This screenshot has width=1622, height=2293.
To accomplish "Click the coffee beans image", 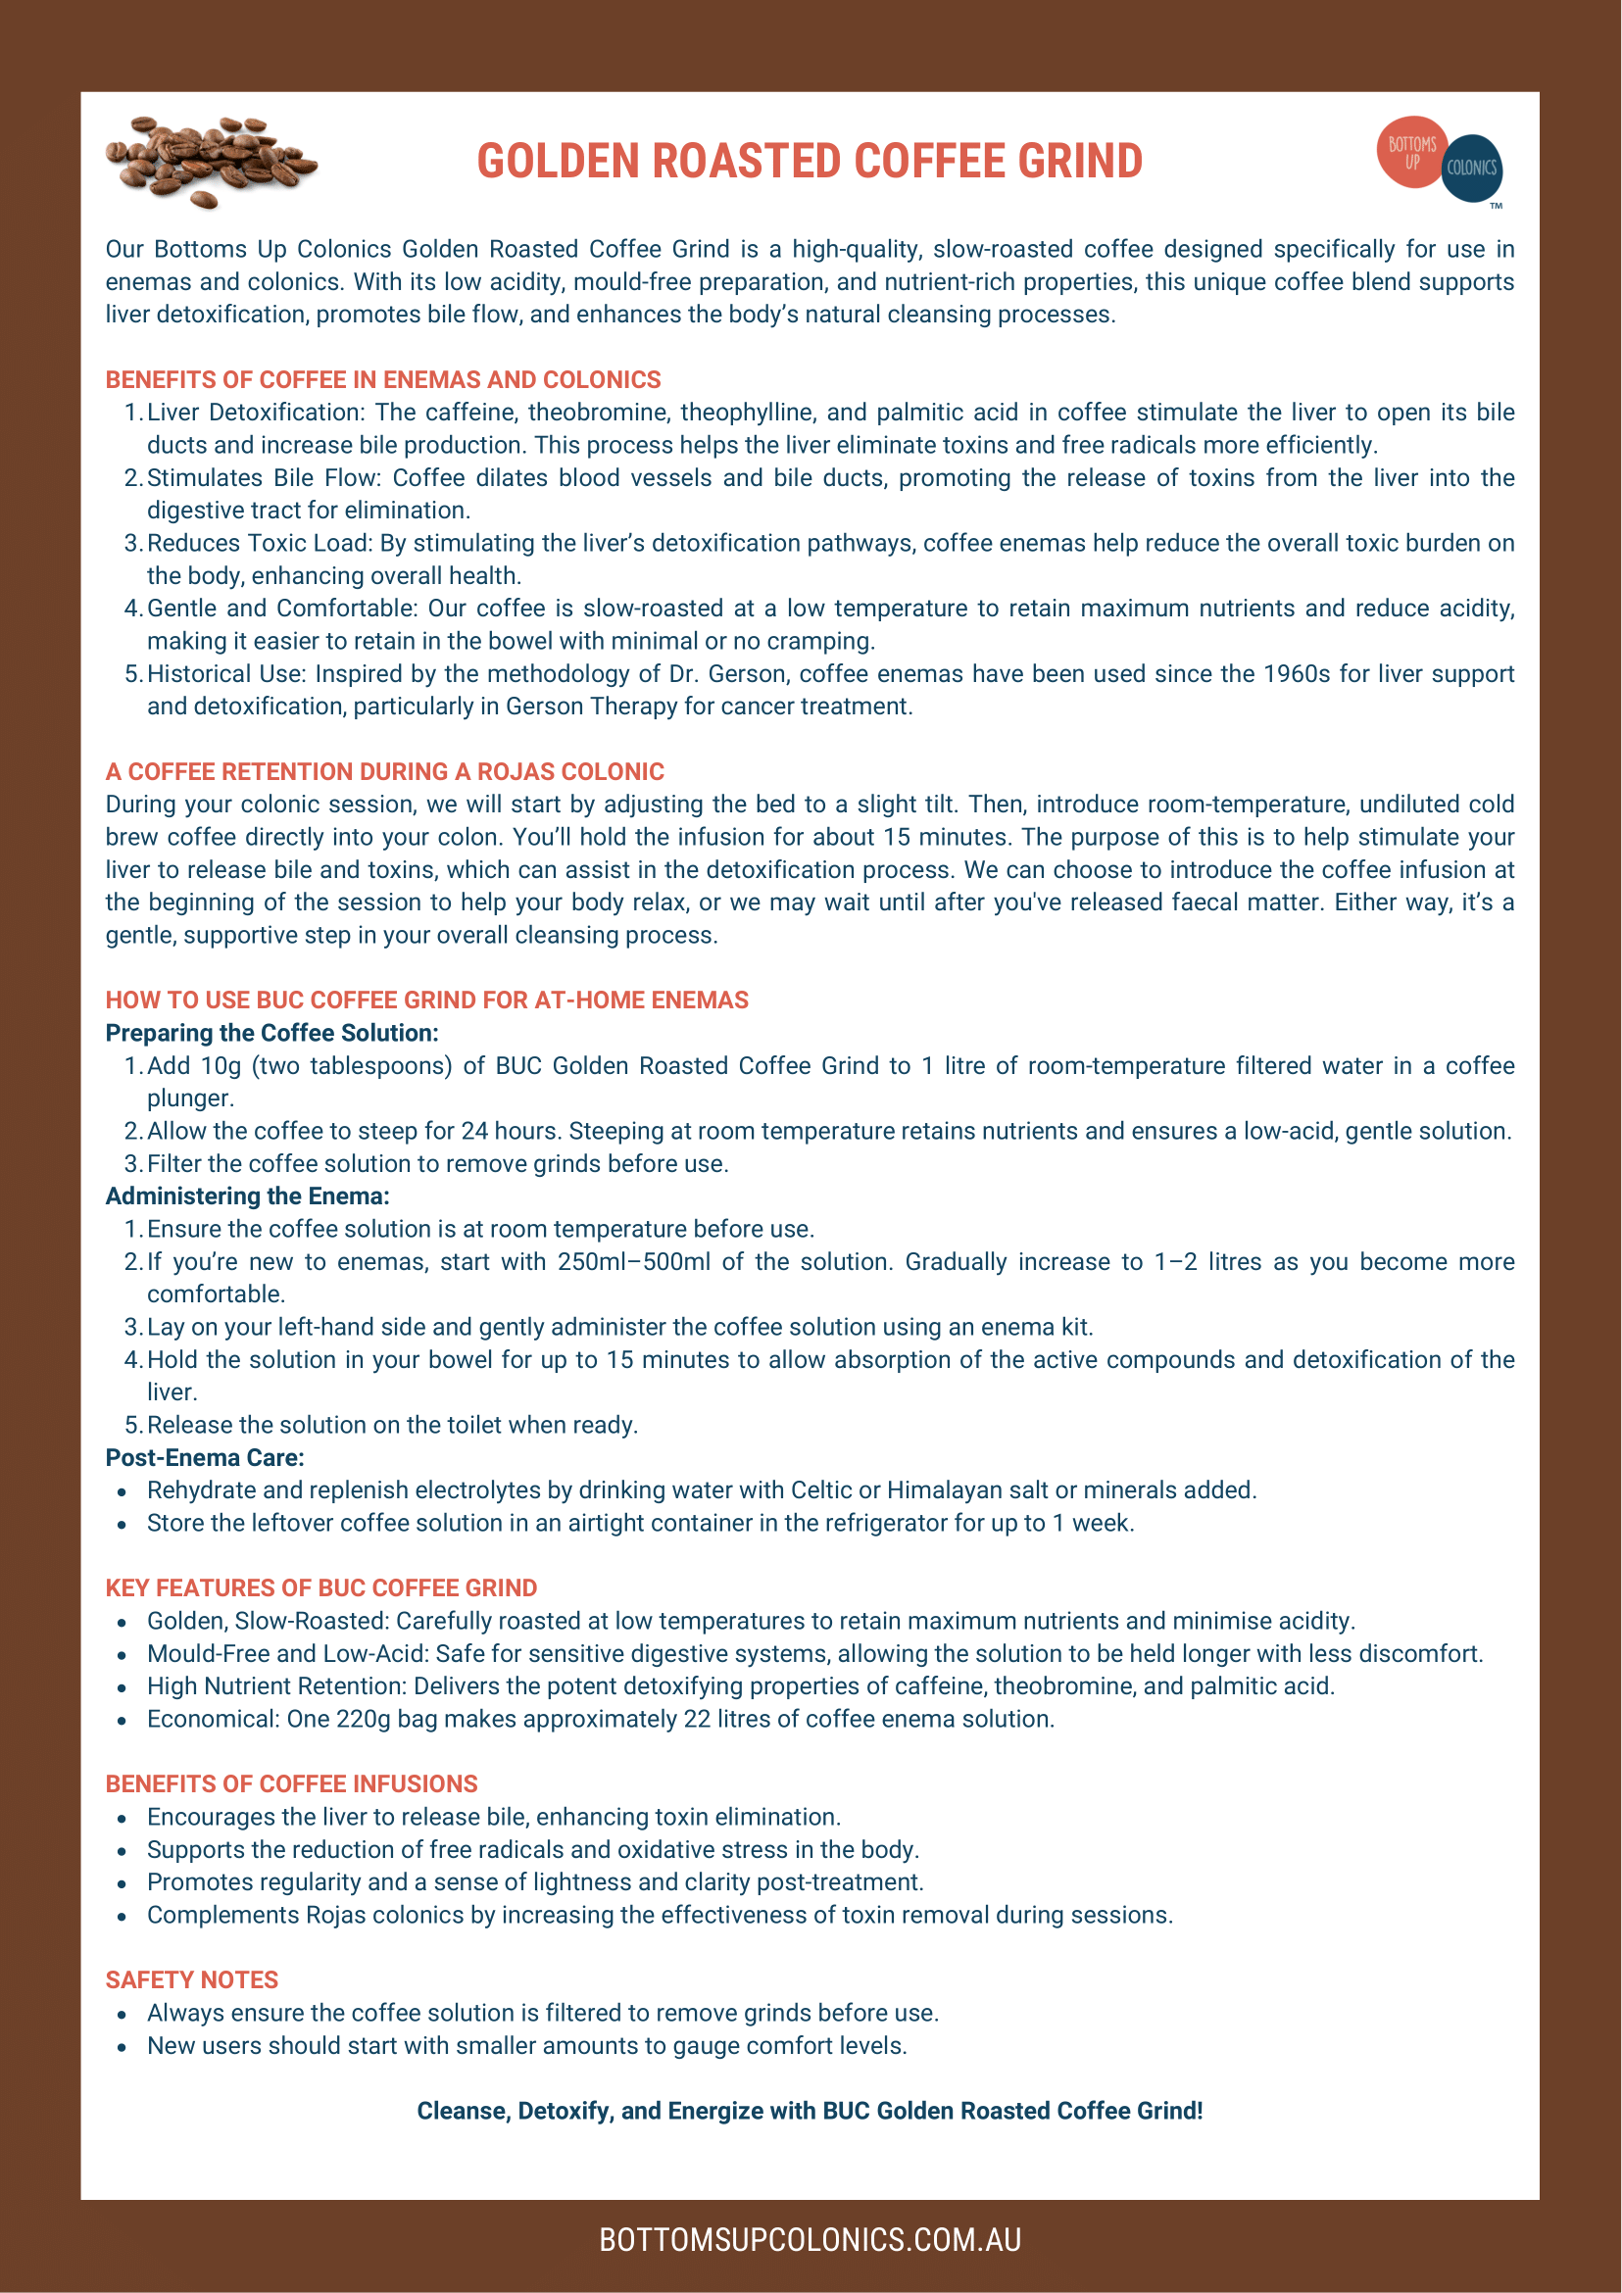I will click(212, 162).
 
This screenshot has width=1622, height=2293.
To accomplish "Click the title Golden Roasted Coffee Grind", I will click(809, 162).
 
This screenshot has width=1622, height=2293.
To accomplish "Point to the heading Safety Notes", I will click(192, 1979).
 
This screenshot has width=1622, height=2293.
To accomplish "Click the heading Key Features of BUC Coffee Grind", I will click(320, 1587).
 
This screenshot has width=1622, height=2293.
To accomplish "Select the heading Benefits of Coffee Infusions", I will click(292, 1783).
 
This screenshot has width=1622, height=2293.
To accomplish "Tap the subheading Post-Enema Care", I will click(205, 1457).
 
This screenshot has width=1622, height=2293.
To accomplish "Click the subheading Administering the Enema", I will click(248, 1196).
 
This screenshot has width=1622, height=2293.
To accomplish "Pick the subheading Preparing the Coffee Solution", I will click(271, 1033).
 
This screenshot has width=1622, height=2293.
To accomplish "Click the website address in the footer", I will click(810, 2240).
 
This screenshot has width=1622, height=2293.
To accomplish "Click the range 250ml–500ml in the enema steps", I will click(634, 1261).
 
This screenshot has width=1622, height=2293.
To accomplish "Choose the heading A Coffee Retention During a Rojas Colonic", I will click(384, 771).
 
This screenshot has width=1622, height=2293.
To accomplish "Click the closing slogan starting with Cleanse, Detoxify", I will click(810, 2110).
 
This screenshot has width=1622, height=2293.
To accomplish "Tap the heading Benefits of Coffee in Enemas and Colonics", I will click(383, 379).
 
